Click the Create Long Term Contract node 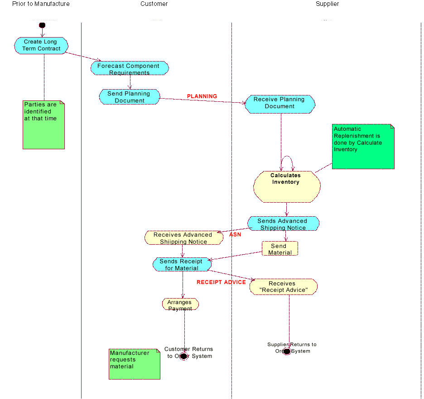[x=41, y=46]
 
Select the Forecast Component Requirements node [x=130, y=69]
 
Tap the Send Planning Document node [x=130, y=97]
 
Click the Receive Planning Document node [x=280, y=104]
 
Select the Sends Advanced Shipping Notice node [x=283, y=224]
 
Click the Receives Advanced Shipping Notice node [x=183, y=238]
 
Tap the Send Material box [x=280, y=249]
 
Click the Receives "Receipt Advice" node [x=283, y=287]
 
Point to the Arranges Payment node [x=180, y=304]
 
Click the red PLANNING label [x=202, y=96]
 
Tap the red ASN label [x=235, y=235]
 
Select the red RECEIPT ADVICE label [x=221, y=282]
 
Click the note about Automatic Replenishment [x=363, y=147]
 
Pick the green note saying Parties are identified [x=43, y=124]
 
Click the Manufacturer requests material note [x=135, y=364]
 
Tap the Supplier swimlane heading [x=327, y=4]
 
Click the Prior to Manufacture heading [x=41, y=4]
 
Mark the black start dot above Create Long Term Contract [x=42, y=25]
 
